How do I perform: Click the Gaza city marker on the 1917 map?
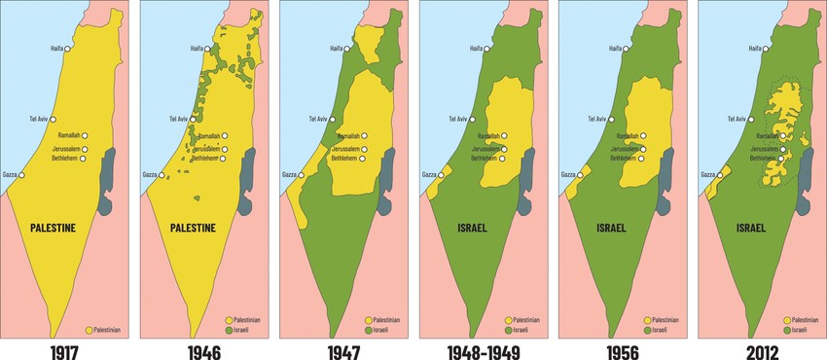(x=20, y=175)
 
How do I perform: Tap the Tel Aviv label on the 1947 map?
(x=318, y=119)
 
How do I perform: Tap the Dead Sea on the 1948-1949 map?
(x=525, y=170)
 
